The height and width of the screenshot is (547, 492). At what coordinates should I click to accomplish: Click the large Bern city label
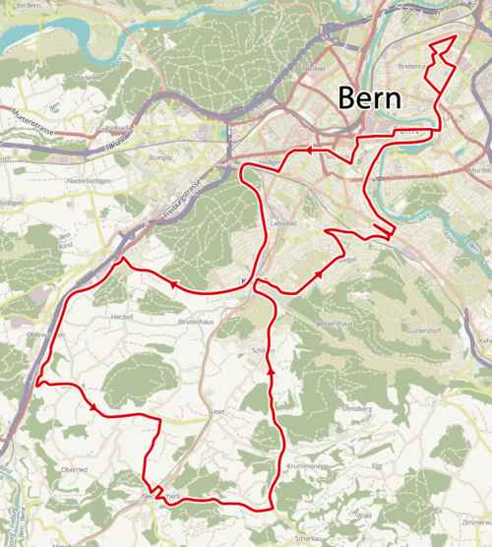pyautogui.click(x=370, y=98)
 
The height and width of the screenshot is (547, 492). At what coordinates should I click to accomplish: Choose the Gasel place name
pyautogui.click(x=217, y=410)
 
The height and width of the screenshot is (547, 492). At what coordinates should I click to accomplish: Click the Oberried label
pyautogui.click(x=73, y=469)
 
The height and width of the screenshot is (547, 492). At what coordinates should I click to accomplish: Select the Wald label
pyautogui.click(x=364, y=515)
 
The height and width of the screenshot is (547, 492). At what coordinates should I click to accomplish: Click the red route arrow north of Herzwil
pyautogui.click(x=174, y=285)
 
